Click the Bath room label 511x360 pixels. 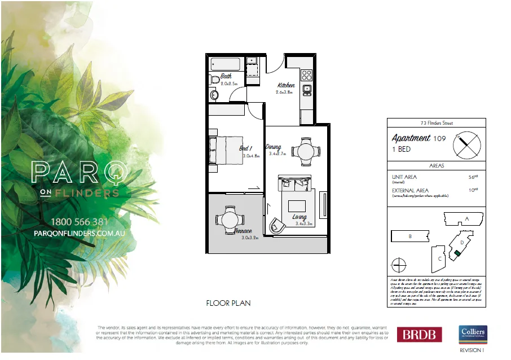click(226, 76)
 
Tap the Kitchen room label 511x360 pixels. click(286, 85)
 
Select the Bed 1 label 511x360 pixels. click(246, 148)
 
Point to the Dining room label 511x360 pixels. click(274, 147)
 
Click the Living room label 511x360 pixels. click(299, 217)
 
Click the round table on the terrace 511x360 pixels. click(230, 217)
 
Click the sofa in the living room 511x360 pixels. click(294, 184)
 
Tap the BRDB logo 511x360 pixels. click(420, 334)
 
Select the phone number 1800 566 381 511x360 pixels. click(79, 221)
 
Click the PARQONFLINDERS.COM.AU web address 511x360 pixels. click(80, 232)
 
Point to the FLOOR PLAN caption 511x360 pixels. click(228, 303)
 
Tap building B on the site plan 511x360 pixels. click(410, 237)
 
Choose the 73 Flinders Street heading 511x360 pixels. click(436, 123)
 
